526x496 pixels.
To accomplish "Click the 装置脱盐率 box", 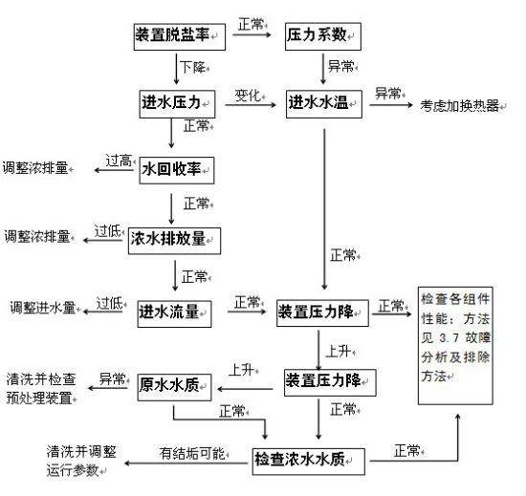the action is pos(180,37).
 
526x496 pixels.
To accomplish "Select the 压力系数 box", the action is pos(323,36).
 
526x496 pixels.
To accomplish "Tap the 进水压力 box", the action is pos(177,104).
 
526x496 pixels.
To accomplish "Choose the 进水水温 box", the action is pos(324,104).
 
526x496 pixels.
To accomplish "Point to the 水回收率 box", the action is pos(177,170).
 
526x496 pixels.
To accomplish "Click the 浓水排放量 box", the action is pos(174,241).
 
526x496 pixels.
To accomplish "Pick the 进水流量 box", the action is pos(174,313).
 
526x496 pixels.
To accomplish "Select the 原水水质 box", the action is pos(174,387).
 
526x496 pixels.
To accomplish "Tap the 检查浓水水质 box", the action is pos(309,462).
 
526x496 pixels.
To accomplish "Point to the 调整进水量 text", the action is pos(43,308).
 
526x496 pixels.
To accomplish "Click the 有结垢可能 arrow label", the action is pos(192,453).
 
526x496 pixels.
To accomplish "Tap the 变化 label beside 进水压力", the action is pos(248,96).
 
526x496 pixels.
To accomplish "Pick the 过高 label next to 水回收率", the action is pos(119,161).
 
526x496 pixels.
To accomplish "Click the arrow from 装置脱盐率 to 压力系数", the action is pos(252,34).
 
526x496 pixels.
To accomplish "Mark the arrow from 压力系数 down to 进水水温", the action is pos(323,69).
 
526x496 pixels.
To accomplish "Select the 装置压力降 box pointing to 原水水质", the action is pos(330,382).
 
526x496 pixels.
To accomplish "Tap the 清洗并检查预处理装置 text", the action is pos(40,389).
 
